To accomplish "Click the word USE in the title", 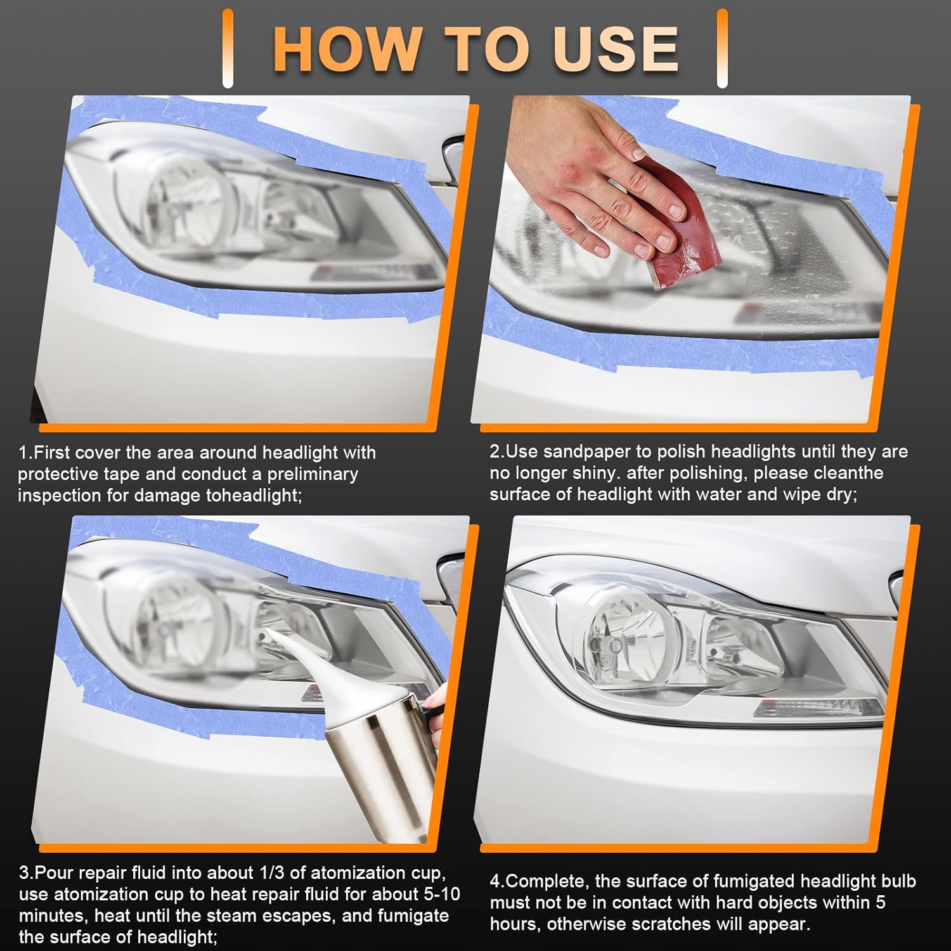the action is (x=615, y=49).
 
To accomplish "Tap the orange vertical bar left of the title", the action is (x=228, y=49).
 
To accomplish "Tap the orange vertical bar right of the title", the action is (x=722, y=49).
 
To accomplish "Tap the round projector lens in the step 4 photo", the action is (x=627, y=628).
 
